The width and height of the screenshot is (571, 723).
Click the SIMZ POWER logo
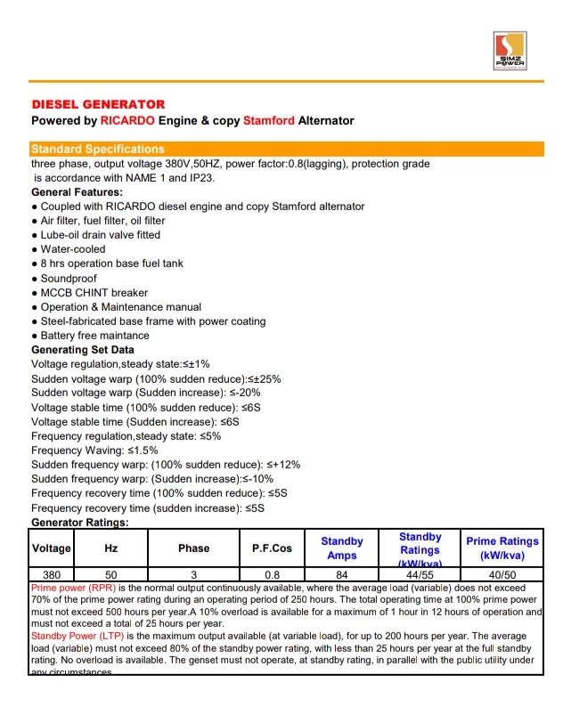pos(510,52)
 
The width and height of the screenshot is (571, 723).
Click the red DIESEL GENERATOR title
pos(98,105)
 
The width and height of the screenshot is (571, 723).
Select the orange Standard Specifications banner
pos(98,149)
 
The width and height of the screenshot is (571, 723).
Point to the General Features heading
pos(77,192)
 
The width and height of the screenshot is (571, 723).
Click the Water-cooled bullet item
pos(73,249)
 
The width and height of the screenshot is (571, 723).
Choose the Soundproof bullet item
pos(69,279)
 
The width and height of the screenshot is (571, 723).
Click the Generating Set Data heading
pos(83,350)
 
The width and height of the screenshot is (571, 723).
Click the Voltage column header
pos(52,548)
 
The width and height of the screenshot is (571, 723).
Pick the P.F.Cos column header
pos(273,548)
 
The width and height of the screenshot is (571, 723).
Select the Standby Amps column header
pos(342,548)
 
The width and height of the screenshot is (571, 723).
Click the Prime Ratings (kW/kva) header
pos(502,548)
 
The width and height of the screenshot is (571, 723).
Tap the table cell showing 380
pos(52,575)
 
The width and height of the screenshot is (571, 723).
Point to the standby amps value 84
pos(342,575)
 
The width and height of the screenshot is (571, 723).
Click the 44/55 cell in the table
pos(420,575)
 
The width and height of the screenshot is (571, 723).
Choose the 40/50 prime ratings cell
pos(502,575)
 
